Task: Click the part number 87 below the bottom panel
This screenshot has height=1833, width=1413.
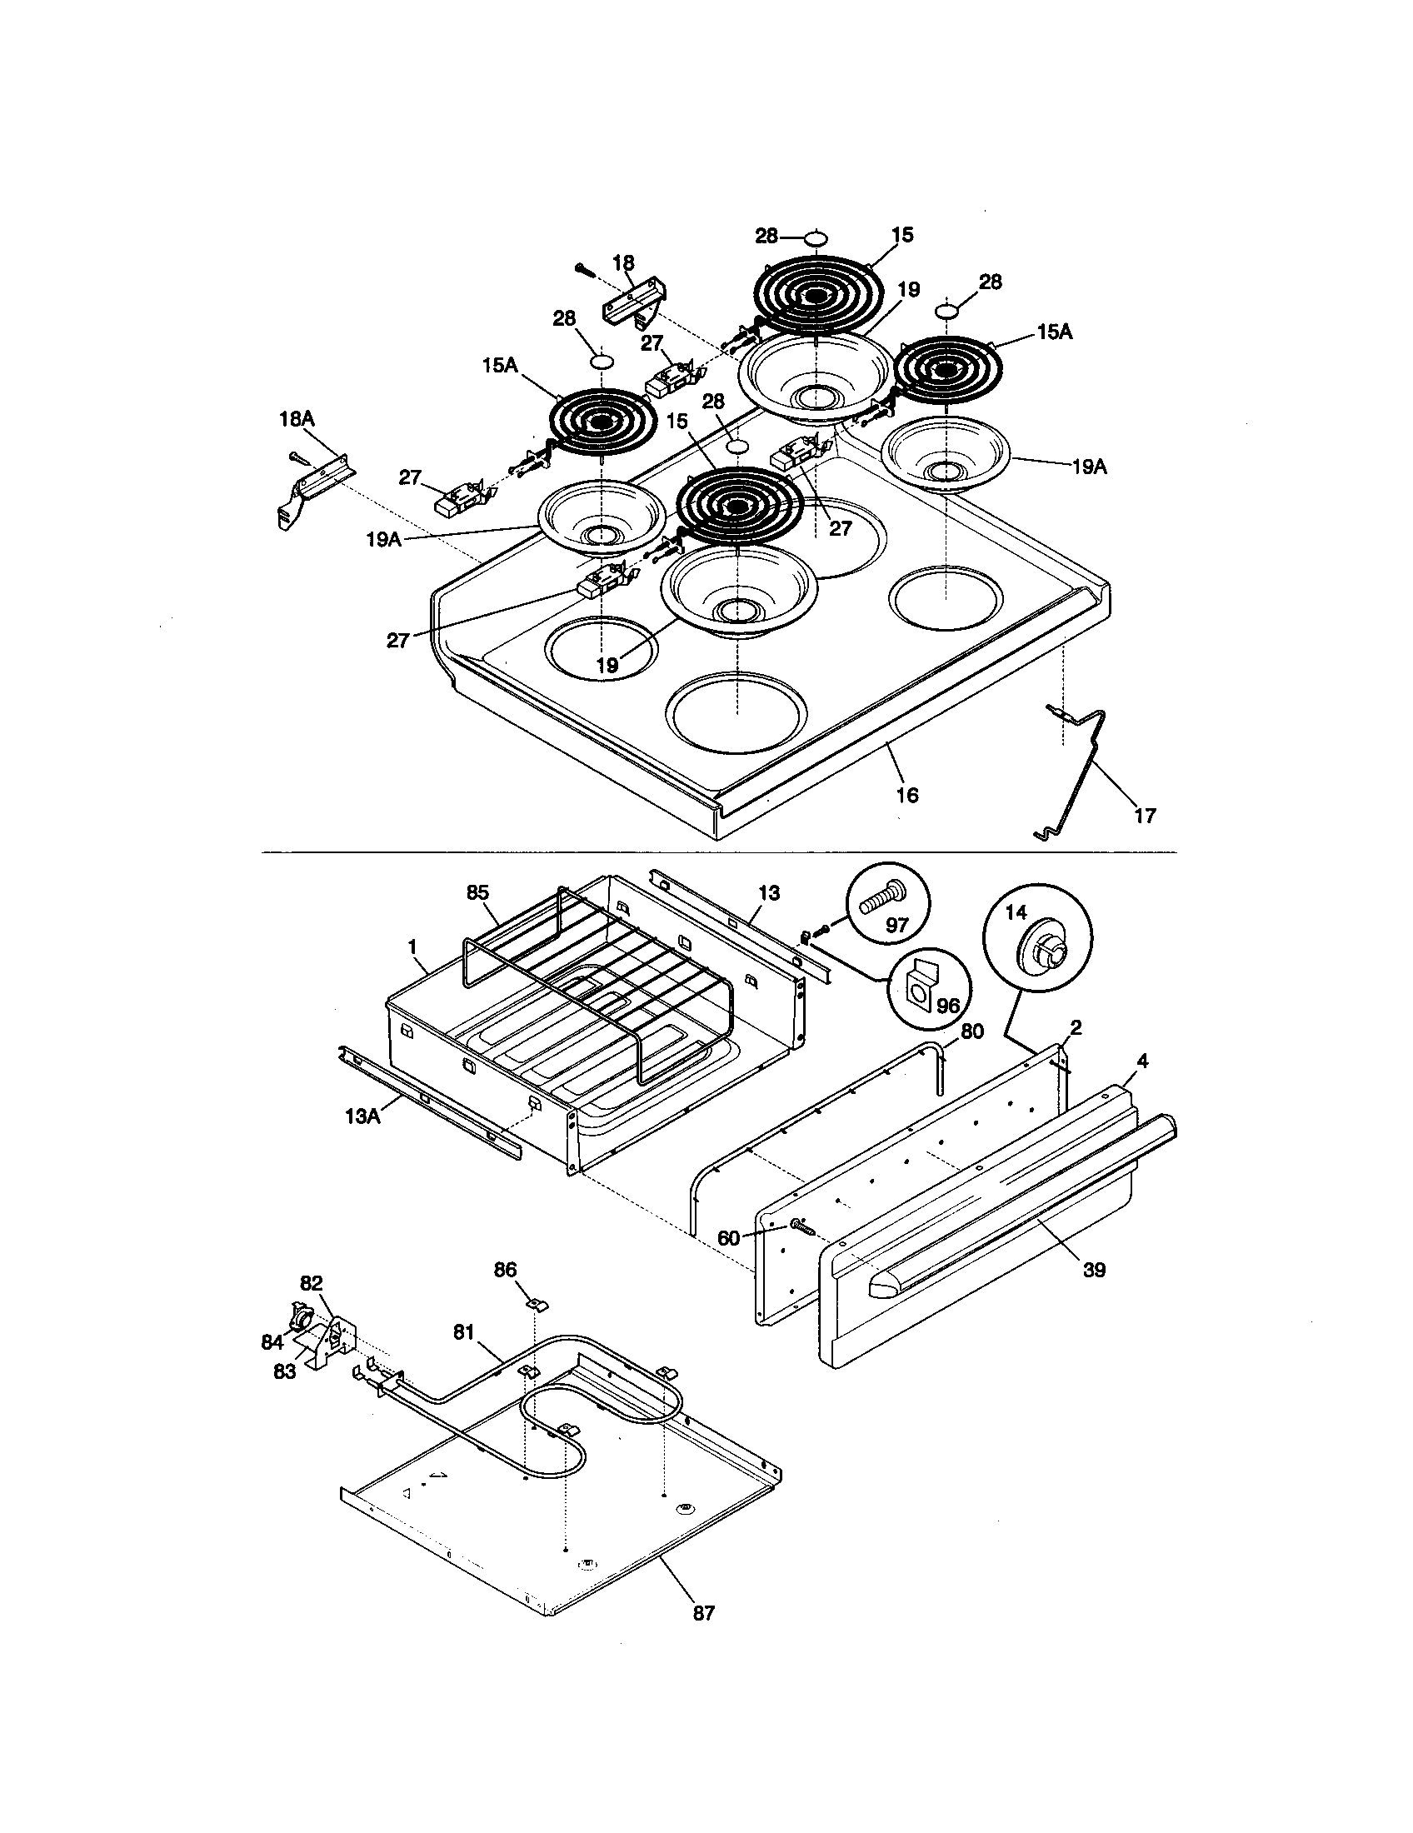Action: click(x=704, y=1612)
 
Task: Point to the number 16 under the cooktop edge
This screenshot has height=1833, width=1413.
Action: click(x=907, y=794)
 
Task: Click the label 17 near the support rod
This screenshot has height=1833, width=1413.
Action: click(x=1145, y=814)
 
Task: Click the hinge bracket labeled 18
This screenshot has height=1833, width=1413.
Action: click(x=634, y=299)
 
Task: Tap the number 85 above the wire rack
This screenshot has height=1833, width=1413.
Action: click(x=477, y=892)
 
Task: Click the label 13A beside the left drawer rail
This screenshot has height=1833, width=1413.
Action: click(x=363, y=1116)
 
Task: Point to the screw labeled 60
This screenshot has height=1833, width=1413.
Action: click(x=801, y=1230)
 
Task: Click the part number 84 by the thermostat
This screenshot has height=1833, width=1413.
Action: click(x=272, y=1342)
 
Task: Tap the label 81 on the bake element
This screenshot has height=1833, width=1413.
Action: click(x=464, y=1331)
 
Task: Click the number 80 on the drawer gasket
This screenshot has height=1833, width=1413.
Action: click(x=971, y=1031)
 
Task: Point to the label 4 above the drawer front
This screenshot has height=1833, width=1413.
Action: click(x=1141, y=1061)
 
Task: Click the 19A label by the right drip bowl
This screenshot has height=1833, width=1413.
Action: click(x=1088, y=467)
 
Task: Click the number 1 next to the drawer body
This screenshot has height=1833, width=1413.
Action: click(x=412, y=946)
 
